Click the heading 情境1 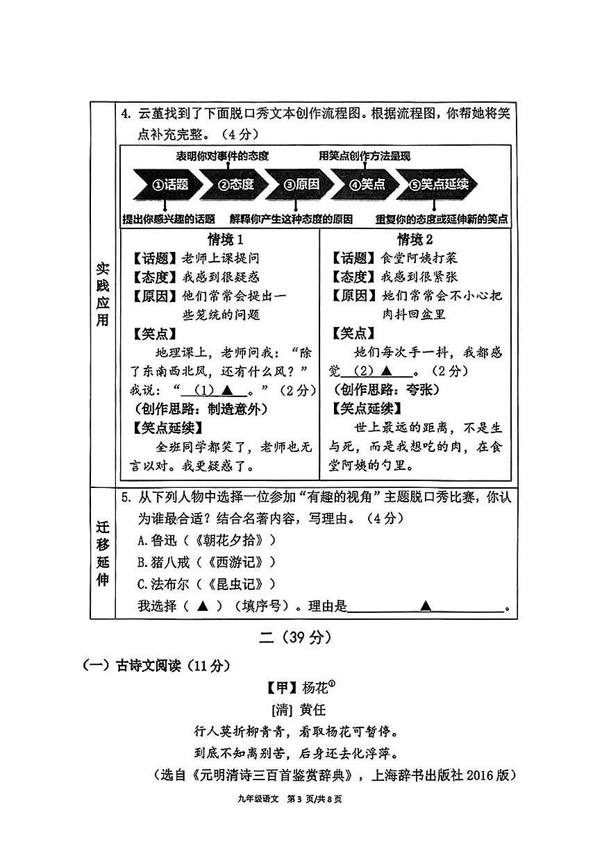coord(226,239)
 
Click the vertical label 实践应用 coord(103,295)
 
